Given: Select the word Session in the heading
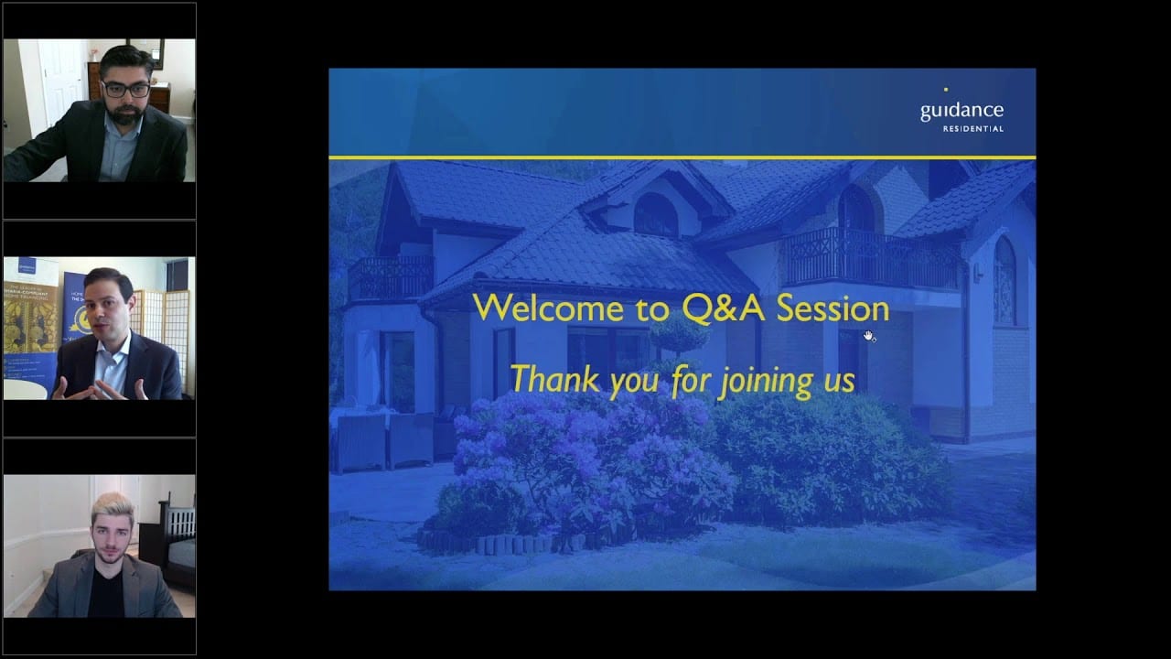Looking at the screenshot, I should point(833,308).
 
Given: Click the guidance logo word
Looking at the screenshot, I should point(962,111).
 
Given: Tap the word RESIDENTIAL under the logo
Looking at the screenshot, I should point(972,129).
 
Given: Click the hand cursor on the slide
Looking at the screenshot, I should point(868,336).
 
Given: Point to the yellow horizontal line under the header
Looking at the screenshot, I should point(682,157).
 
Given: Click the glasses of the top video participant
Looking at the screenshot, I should point(124,89).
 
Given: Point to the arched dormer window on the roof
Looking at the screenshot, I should point(655,214).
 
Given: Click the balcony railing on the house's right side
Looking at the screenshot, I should point(869,259).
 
